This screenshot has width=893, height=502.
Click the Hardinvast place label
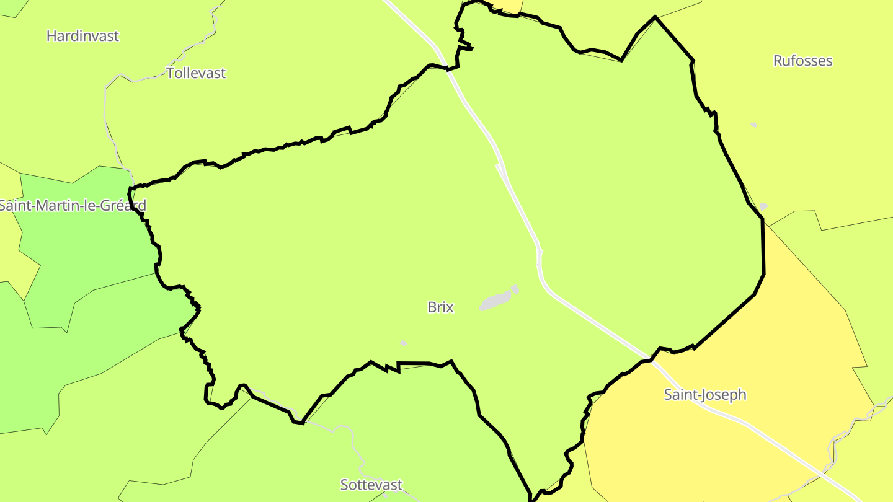(x=82, y=36)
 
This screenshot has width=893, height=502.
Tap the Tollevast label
(x=196, y=73)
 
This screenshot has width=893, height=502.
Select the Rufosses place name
(x=802, y=61)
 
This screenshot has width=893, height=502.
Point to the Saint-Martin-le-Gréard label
(x=72, y=205)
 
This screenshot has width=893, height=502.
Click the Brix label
(x=441, y=307)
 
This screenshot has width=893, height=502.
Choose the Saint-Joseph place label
(x=705, y=395)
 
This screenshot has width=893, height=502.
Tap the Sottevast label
(x=371, y=485)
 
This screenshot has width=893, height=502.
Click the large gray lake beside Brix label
(x=496, y=301)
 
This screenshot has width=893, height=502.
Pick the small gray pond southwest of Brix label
(x=404, y=343)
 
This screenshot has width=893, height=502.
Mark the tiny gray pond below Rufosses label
(x=753, y=125)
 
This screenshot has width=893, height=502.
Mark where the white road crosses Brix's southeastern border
(x=651, y=359)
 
